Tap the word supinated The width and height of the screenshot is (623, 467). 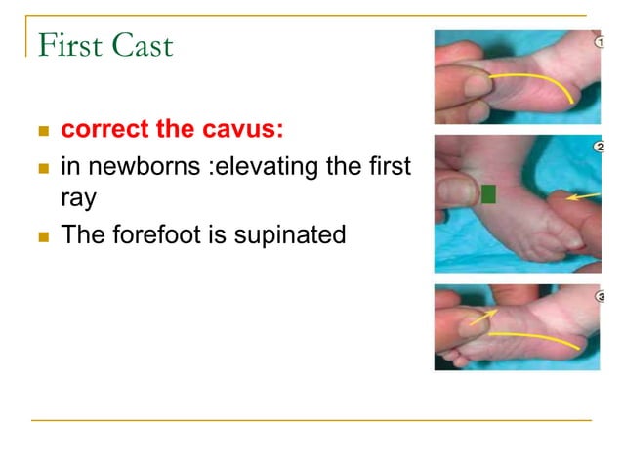[x=292, y=234]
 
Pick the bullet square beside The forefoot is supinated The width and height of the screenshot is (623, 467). [x=42, y=235]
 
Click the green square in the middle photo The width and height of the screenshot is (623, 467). [x=489, y=193]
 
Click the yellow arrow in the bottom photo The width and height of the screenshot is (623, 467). [x=480, y=315]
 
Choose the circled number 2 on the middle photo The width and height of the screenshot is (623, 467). [x=599, y=147]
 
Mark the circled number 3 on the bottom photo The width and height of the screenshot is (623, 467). [x=598, y=295]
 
